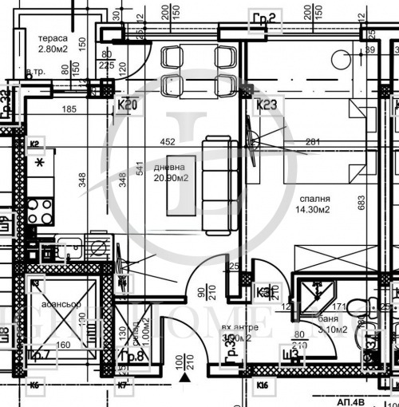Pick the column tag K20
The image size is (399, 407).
tap(128, 105)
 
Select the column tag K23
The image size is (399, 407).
tap(265, 105)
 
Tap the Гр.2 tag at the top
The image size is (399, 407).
tap(263, 18)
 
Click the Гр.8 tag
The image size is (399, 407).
tap(130, 356)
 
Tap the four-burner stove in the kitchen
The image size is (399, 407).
tap(40, 210)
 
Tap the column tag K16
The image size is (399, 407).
tap(263, 387)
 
